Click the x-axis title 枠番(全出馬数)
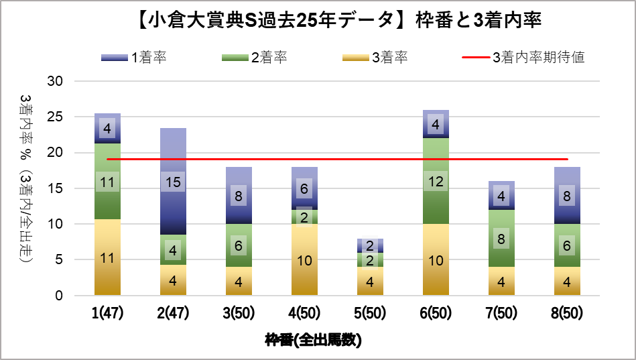pos(313,341)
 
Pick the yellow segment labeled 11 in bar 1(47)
pos(107,257)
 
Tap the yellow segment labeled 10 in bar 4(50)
pos(304,260)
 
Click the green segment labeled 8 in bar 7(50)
pos(501,239)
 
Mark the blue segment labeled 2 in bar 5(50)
pos(370,245)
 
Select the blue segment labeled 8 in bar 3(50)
pos(239,196)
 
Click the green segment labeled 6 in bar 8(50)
pos(567,246)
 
